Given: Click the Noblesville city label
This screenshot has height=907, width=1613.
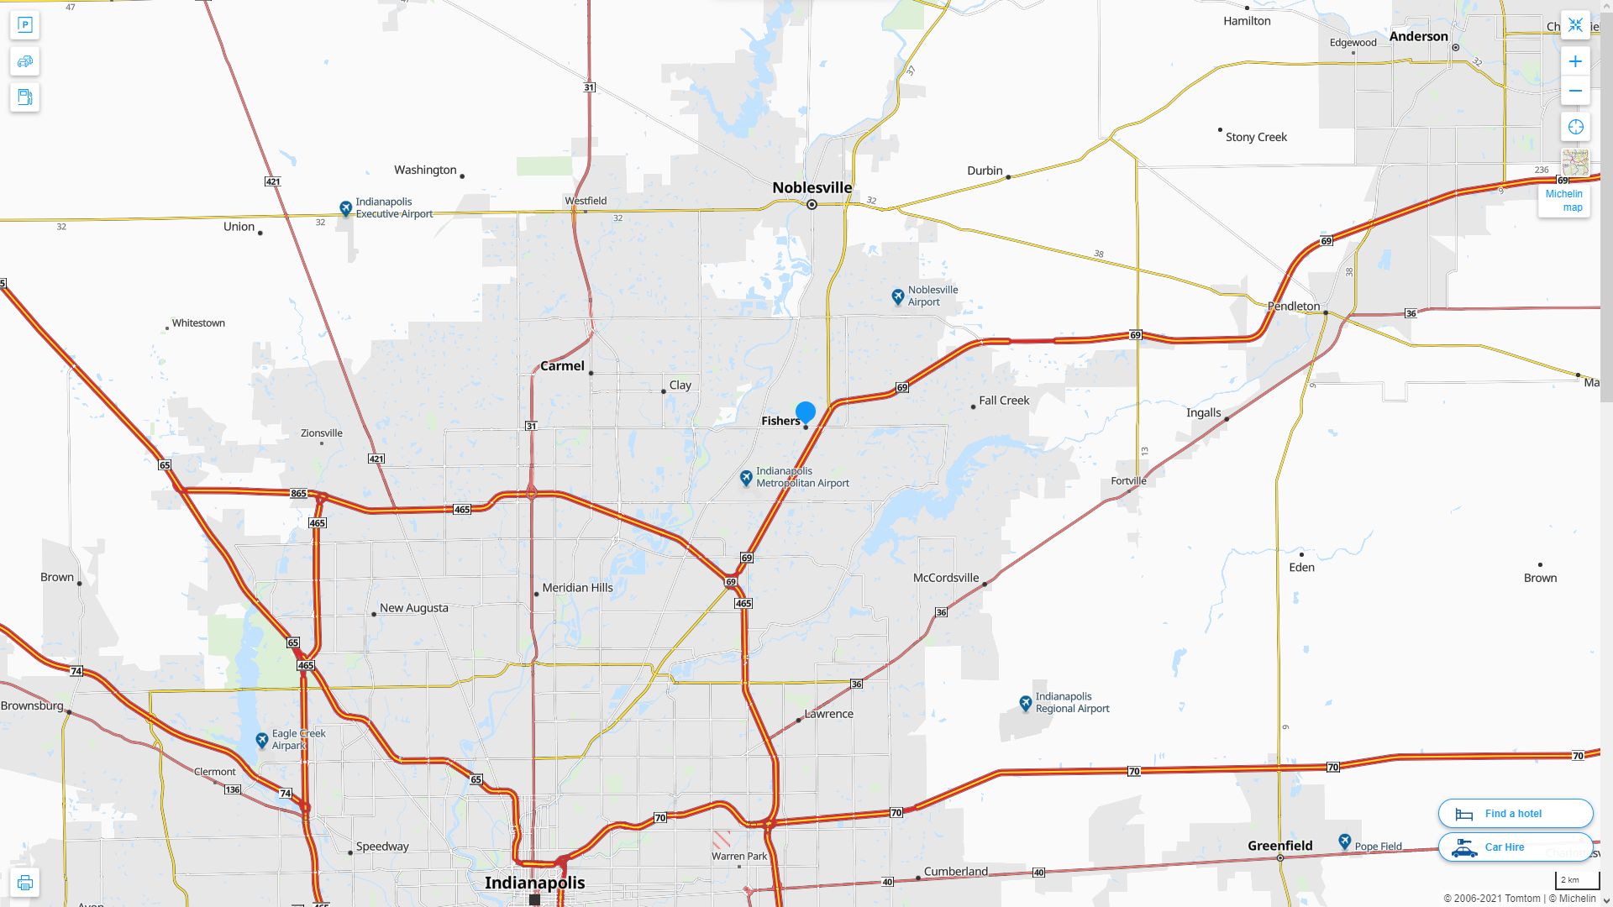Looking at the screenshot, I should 812,188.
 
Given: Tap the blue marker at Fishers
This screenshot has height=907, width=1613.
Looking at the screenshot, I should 805,412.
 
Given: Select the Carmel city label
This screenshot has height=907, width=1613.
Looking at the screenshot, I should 562,366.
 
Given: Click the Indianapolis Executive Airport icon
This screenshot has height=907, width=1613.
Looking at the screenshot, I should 345,207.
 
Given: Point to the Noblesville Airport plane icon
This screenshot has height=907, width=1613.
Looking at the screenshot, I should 897,296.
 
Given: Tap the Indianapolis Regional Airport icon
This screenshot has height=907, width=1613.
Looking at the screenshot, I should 1025,703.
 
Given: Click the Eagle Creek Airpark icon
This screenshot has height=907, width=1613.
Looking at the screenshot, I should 262,740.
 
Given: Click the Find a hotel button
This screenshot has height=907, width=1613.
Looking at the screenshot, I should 1515,813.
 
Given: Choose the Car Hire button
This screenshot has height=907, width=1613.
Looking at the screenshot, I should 1515,847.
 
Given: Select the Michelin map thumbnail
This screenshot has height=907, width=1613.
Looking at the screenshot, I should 1574,163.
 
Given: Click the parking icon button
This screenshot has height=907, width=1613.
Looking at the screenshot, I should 24,25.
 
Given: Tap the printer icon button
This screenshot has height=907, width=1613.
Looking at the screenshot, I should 24,883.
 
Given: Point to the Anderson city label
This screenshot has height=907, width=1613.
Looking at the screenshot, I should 1418,36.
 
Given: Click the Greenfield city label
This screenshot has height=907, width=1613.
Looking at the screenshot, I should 1279,846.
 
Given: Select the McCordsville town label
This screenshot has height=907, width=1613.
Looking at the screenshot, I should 945,578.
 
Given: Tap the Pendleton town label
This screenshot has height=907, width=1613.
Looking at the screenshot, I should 1293,307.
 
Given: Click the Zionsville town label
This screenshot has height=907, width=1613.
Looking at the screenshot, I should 322,433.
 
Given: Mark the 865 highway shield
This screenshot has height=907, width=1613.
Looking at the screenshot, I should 298,494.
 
